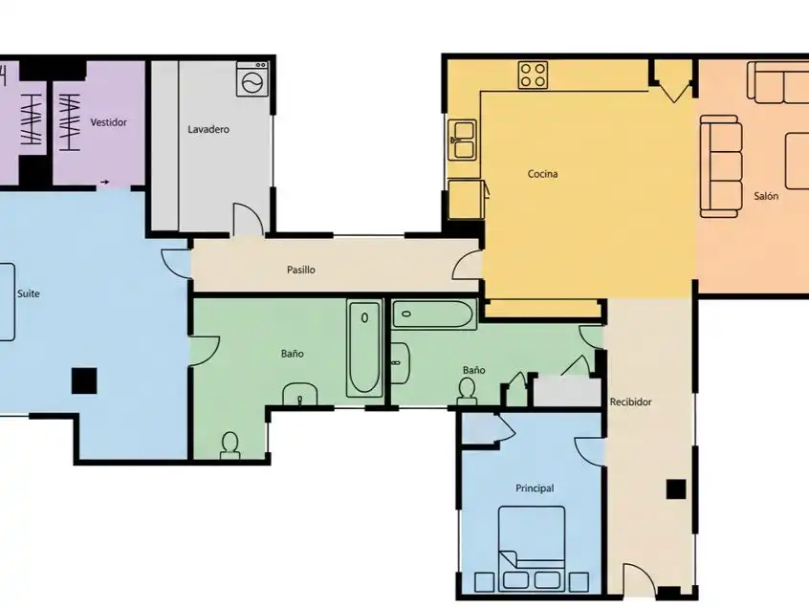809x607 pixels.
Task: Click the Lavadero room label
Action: [208, 129]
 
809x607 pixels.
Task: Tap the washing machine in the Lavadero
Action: [252, 79]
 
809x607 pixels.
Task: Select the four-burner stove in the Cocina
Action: [533, 76]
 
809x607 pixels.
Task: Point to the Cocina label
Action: [542, 174]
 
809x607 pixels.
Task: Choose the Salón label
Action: [766, 196]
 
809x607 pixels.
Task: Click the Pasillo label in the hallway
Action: [301, 270]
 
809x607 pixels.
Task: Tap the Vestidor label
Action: [108, 122]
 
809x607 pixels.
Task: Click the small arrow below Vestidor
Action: [105, 182]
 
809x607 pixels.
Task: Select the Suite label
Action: [29, 293]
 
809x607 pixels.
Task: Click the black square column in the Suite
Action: [84, 380]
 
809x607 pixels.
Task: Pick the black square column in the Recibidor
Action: [676, 488]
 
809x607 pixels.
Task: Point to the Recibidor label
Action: [630, 401]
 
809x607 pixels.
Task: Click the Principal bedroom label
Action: [535, 488]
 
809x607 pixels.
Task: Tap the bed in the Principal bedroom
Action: [532, 548]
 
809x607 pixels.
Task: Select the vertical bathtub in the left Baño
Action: [364, 348]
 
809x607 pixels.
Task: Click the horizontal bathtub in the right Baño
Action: [433, 314]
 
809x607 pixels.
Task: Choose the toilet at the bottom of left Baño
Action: [230, 445]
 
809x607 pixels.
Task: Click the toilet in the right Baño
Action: [467, 390]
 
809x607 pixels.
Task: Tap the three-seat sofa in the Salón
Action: [721, 166]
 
